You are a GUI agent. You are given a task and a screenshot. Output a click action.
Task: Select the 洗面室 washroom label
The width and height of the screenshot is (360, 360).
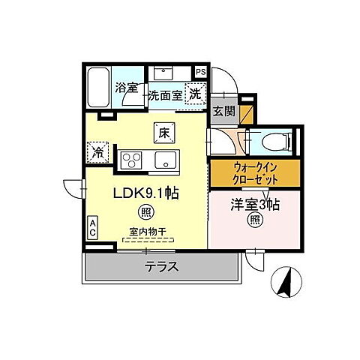[164, 95]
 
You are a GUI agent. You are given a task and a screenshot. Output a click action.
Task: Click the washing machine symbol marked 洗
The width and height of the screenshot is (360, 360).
[194, 94]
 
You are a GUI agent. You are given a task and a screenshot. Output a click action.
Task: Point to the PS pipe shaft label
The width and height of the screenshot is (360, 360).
[200, 72]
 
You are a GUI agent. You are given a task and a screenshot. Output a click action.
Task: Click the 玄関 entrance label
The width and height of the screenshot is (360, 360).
[222, 111]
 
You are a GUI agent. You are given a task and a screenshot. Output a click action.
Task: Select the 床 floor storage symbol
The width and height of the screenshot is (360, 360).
[164, 133]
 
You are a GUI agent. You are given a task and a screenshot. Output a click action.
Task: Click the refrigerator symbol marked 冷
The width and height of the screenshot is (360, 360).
[98, 151]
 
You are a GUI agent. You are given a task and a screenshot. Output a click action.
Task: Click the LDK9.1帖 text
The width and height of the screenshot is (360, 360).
[145, 192]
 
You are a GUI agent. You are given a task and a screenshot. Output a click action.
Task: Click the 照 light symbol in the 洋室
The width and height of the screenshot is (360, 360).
[255, 220]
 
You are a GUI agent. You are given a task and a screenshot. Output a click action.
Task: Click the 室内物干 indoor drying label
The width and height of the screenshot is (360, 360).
[146, 233]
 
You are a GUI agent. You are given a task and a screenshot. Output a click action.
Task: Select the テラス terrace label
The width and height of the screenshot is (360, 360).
[160, 265]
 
